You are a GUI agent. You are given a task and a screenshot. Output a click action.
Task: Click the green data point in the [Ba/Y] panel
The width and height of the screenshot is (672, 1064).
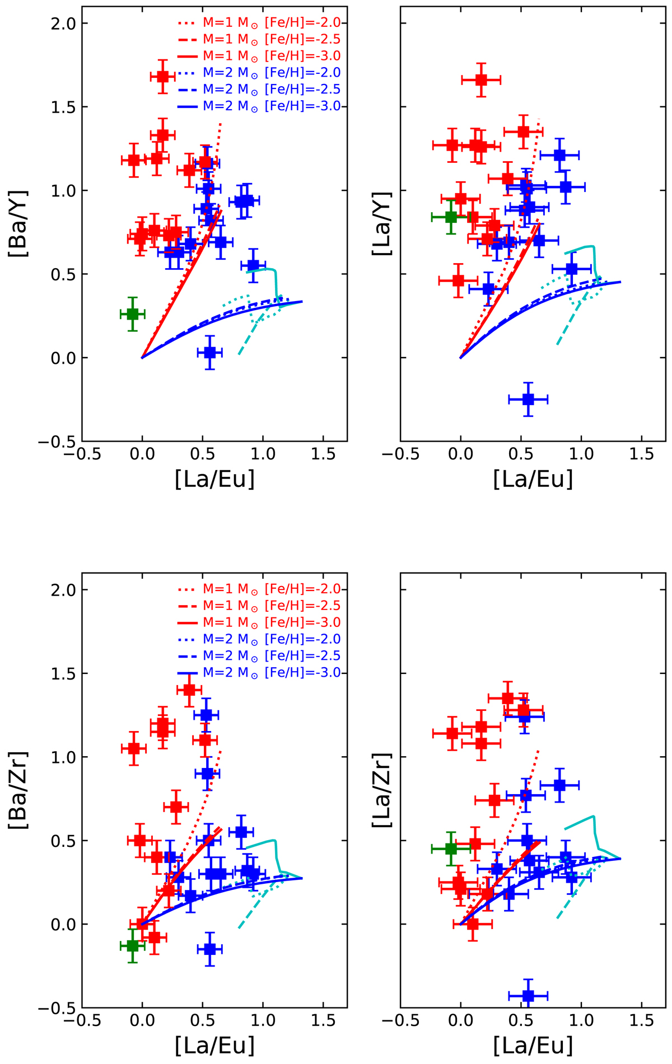tap(132, 314)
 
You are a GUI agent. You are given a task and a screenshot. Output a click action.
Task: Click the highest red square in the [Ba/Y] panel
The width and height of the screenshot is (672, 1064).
tap(163, 76)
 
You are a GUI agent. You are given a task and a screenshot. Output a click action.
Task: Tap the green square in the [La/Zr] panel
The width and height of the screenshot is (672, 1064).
tap(451, 848)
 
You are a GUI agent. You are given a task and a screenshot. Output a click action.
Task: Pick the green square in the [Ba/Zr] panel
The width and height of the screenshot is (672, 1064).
tap(132, 946)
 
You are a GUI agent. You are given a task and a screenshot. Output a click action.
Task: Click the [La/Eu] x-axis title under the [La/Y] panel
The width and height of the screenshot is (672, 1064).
tap(533, 480)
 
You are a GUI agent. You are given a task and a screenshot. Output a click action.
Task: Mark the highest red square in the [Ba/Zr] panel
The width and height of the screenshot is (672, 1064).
tap(189, 690)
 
